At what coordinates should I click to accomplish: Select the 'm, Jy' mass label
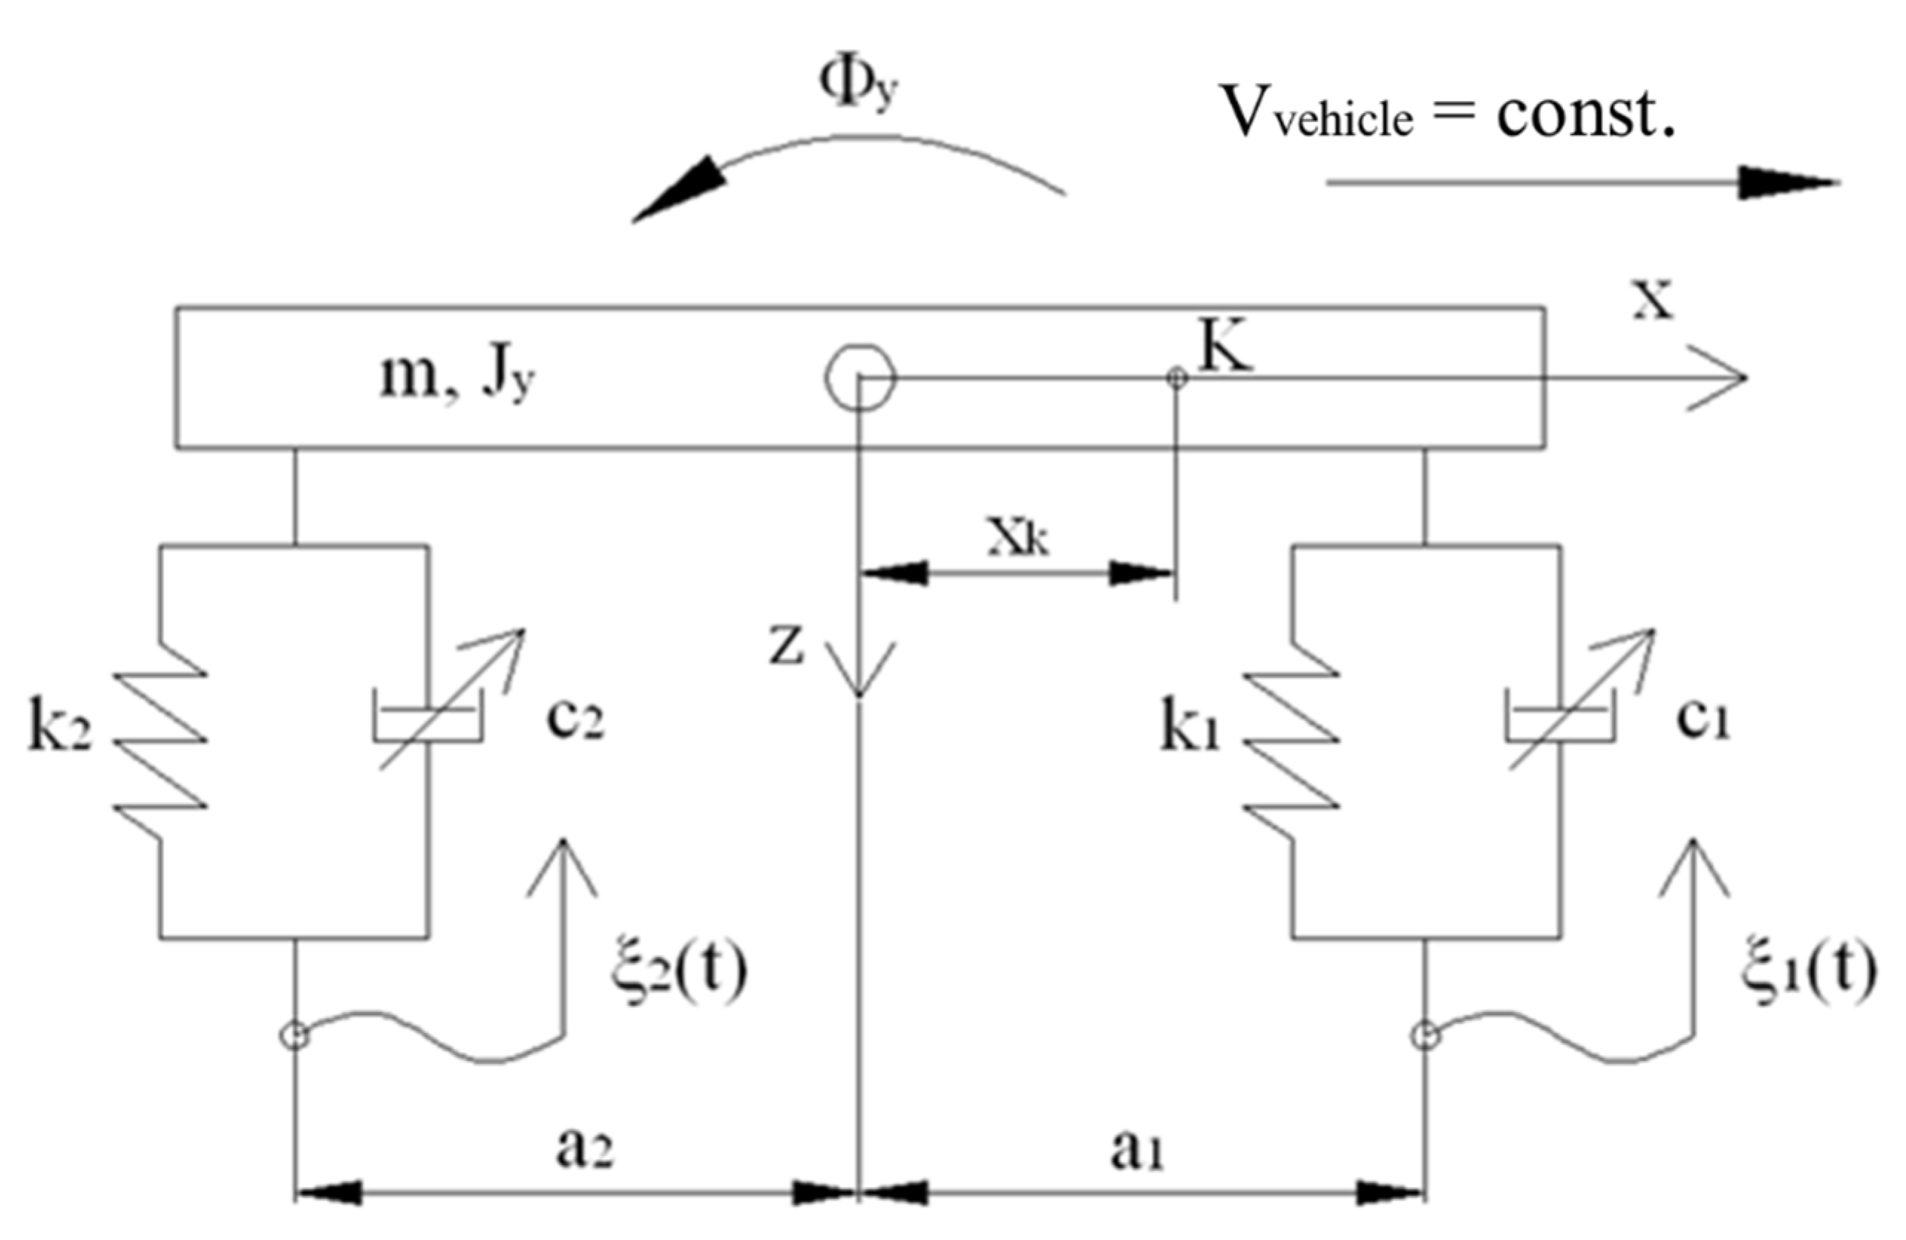(x=456, y=378)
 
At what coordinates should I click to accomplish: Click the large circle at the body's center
(x=859, y=377)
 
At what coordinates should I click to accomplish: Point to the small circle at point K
(x=1176, y=377)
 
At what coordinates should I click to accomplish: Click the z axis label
(x=787, y=647)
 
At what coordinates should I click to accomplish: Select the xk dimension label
(x=1018, y=540)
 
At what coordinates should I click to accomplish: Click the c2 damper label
(x=575, y=719)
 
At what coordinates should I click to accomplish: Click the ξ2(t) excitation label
(x=678, y=972)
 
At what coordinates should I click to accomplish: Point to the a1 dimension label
(x=1136, y=1150)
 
